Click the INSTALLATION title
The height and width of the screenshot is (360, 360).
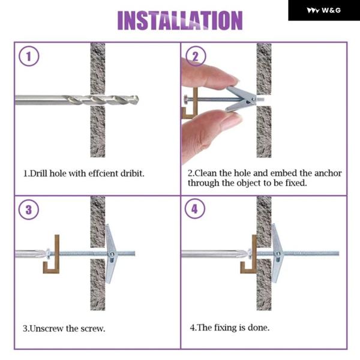tap(180, 20)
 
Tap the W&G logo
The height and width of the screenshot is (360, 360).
tap(324, 10)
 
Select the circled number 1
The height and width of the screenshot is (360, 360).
tap(29, 56)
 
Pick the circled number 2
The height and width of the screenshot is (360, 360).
tap(196, 56)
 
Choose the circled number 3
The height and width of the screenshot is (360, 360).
tap(29, 209)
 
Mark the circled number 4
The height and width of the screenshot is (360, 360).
tap(195, 209)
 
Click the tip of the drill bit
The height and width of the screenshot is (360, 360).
tap(138, 100)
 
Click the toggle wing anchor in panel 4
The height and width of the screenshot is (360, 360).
tap(277, 253)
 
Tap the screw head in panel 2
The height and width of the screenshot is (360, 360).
tap(185, 100)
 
